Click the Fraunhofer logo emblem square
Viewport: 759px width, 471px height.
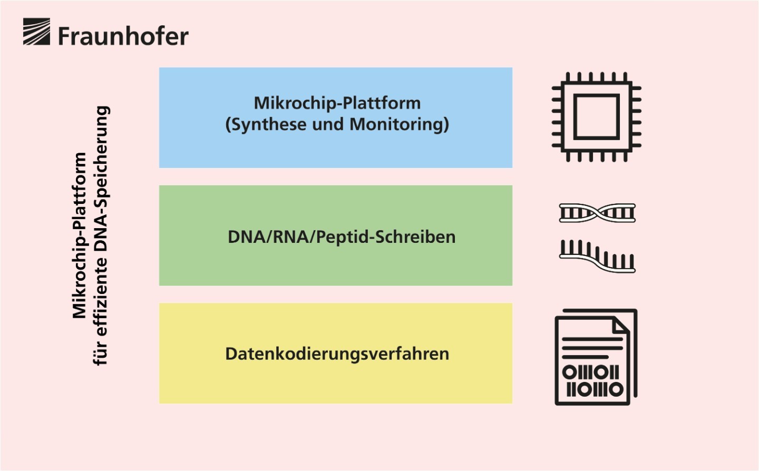(x=36, y=32)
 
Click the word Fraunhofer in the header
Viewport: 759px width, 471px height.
(x=123, y=36)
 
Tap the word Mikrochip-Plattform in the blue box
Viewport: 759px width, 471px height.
(x=337, y=103)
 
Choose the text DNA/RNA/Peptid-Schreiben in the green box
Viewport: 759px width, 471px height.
(x=342, y=237)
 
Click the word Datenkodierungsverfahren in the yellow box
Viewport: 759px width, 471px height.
(x=337, y=354)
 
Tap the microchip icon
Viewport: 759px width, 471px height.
(x=596, y=117)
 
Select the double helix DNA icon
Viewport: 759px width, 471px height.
(x=597, y=213)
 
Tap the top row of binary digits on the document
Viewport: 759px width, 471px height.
(x=590, y=372)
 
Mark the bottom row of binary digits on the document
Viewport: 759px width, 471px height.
(x=595, y=389)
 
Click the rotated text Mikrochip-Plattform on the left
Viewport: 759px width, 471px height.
(x=79, y=235)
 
